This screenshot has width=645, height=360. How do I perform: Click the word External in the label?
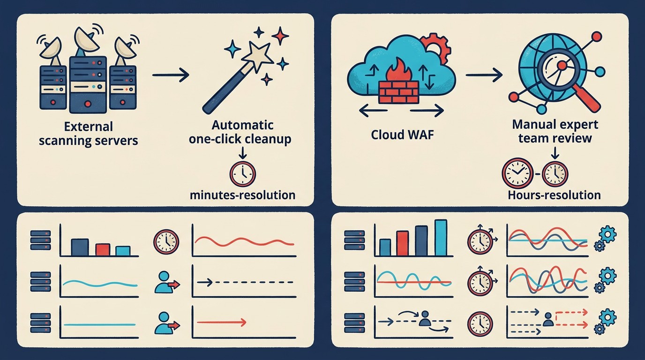pos(88,127)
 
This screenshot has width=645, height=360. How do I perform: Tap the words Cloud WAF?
pos(402,135)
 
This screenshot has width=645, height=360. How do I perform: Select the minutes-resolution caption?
pos(243,195)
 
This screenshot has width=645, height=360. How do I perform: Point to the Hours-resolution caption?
pos(554,195)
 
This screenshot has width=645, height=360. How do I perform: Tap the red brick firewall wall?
pos(398,92)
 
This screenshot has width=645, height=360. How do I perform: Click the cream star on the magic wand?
pos(257,57)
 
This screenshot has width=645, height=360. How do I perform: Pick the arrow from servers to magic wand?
pos(171,75)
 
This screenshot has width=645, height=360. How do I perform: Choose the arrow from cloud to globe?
pos(484,75)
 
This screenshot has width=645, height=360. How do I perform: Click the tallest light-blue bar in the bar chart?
pos(441,238)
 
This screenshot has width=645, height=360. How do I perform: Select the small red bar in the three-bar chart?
pos(103,250)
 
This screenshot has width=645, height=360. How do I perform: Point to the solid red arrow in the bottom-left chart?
pos(221,322)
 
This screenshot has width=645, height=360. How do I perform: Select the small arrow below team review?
pos(555,153)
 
